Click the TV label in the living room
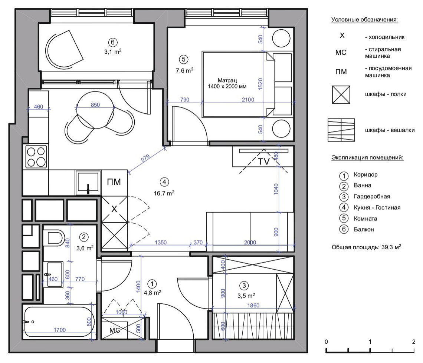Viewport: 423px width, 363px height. point(263,161)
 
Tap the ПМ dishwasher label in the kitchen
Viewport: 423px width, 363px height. point(114,182)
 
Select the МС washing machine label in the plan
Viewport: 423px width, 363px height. point(115,330)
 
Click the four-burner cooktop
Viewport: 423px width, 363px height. point(36,157)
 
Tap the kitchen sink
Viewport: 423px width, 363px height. point(88,183)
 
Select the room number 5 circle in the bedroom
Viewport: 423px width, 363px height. point(184,59)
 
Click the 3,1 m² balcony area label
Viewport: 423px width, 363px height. point(113,51)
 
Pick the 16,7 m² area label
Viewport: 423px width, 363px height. point(164,193)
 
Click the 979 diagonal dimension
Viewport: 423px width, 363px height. point(145,158)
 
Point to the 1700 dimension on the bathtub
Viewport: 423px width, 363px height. point(60,330)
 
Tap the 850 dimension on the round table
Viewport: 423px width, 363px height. point(95,105)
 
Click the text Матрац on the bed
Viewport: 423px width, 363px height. point(227,80)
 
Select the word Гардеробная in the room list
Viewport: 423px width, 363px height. point(372,197)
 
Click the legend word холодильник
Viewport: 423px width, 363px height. point(386,37)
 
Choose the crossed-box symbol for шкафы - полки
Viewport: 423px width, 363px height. point(341,94)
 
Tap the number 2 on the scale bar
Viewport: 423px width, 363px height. point(414,342)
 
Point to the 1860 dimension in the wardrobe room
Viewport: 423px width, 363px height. point(253,305)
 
